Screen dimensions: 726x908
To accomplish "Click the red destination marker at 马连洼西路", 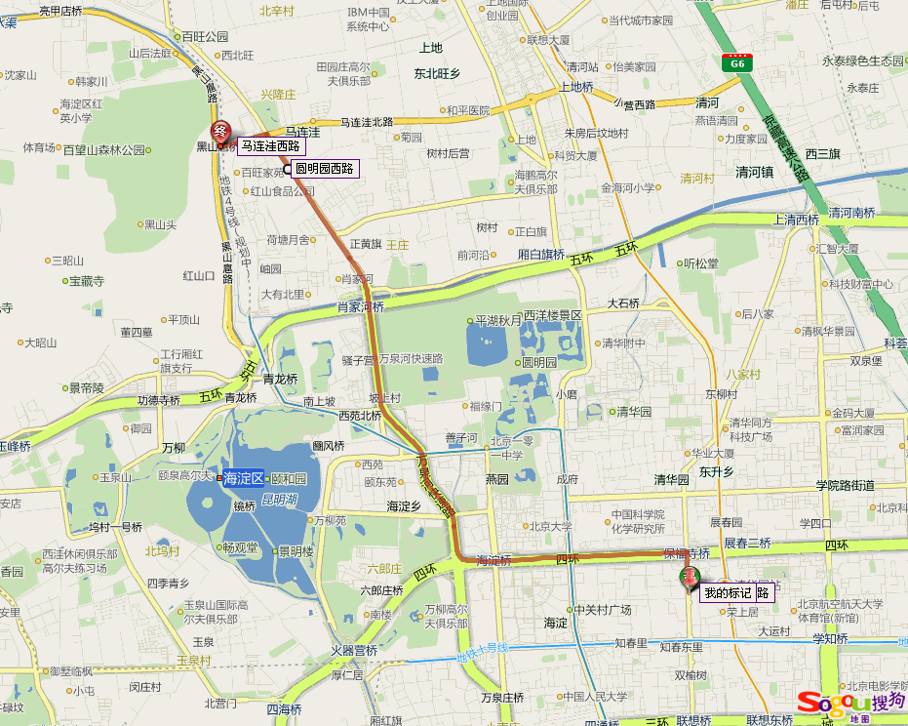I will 220,134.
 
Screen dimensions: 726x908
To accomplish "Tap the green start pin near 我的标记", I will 691,580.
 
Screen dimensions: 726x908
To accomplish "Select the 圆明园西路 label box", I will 327,168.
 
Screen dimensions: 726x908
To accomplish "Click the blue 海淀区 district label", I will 244,478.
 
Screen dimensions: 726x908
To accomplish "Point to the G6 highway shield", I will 737,62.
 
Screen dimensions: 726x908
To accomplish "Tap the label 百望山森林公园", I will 103,150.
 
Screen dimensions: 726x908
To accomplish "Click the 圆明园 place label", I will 539,361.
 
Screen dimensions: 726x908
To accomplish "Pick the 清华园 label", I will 634,412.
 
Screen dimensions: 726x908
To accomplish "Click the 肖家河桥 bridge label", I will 361,306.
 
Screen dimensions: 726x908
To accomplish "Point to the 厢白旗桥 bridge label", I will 541,255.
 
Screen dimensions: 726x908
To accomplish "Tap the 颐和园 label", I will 289,479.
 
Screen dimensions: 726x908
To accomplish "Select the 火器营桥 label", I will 353,651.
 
